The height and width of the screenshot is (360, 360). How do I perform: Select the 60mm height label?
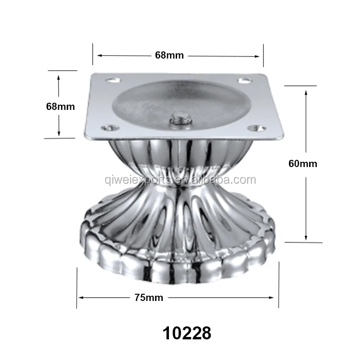pyautogui.click(x=302, y=164)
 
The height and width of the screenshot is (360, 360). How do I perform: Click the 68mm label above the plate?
pyautogui.click(x=169, y=55)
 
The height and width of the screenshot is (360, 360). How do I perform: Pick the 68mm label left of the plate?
pyautogui.click(x=60, y=107)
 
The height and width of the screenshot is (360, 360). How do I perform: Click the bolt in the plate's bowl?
pyautogui.click(x=180, y=118)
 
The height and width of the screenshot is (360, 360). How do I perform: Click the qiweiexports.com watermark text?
pyautogui.click(x=180, y=180)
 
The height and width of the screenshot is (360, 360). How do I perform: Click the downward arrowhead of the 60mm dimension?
pyautogui.click(x=306, y=238)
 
